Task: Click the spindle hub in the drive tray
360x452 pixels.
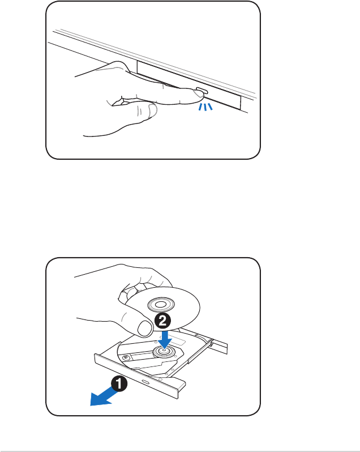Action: tap(162, 352)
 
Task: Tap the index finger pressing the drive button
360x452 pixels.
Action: tap(170, 93)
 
